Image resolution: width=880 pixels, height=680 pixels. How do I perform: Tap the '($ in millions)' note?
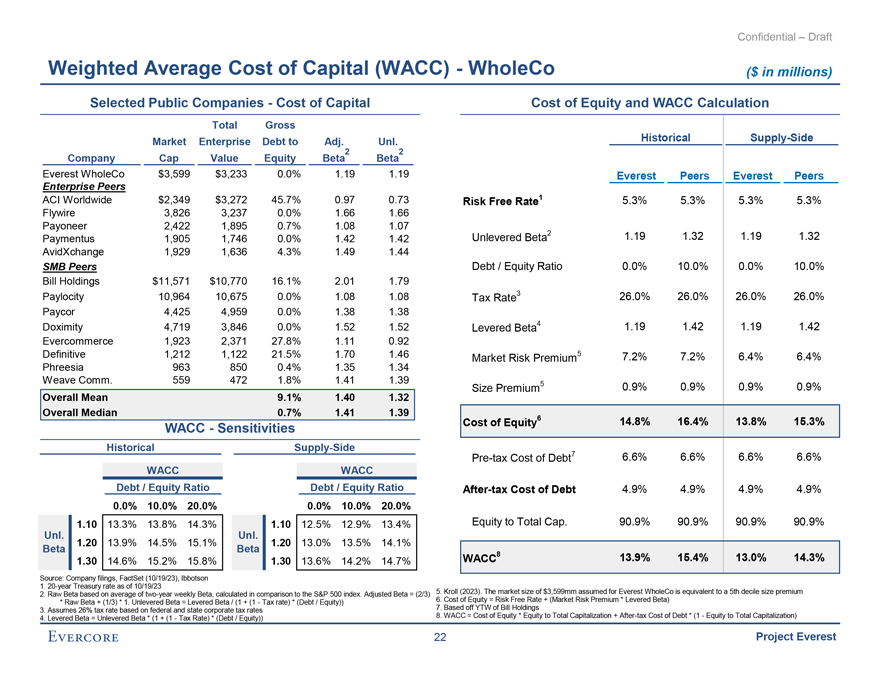click(789, 71)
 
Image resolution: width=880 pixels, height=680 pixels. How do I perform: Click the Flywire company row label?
click(59, 212)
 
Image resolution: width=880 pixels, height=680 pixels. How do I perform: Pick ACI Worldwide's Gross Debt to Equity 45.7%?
click(288, 198)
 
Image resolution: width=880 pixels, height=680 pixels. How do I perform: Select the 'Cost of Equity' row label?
click(501, 424)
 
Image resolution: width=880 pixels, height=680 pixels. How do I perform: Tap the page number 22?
click(439, 641)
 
